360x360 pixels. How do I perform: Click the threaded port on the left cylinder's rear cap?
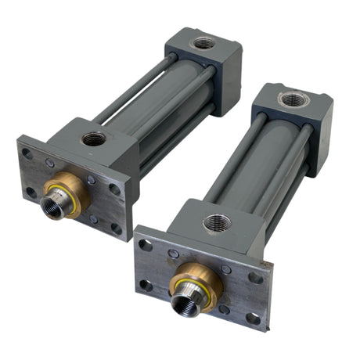[203, 43]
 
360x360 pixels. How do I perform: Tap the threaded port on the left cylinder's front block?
[94, 139]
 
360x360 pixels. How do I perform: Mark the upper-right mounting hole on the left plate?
[115, 189]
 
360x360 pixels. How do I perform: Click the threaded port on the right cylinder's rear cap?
[293, 99]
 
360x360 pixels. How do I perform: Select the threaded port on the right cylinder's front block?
[217, 222]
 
